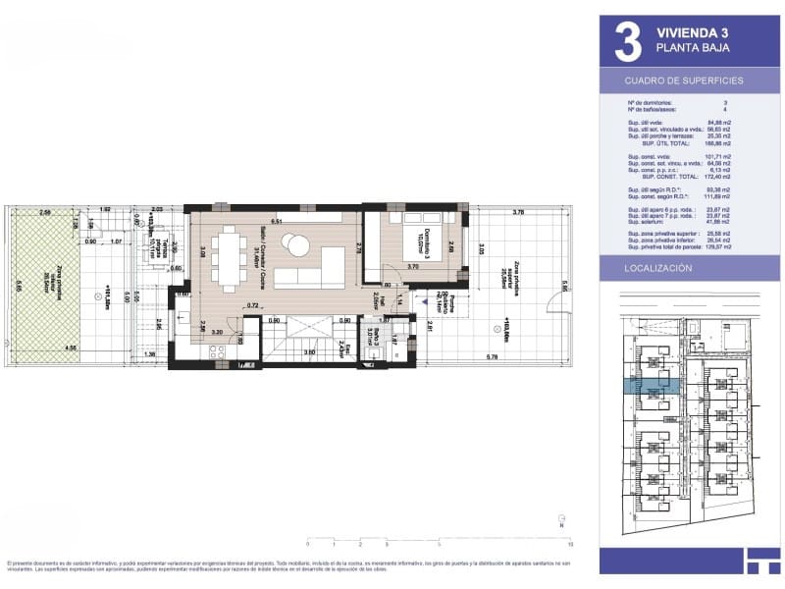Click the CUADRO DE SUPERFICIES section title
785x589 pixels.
[x=684, y=80]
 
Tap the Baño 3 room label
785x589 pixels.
[x=371, y=339]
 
